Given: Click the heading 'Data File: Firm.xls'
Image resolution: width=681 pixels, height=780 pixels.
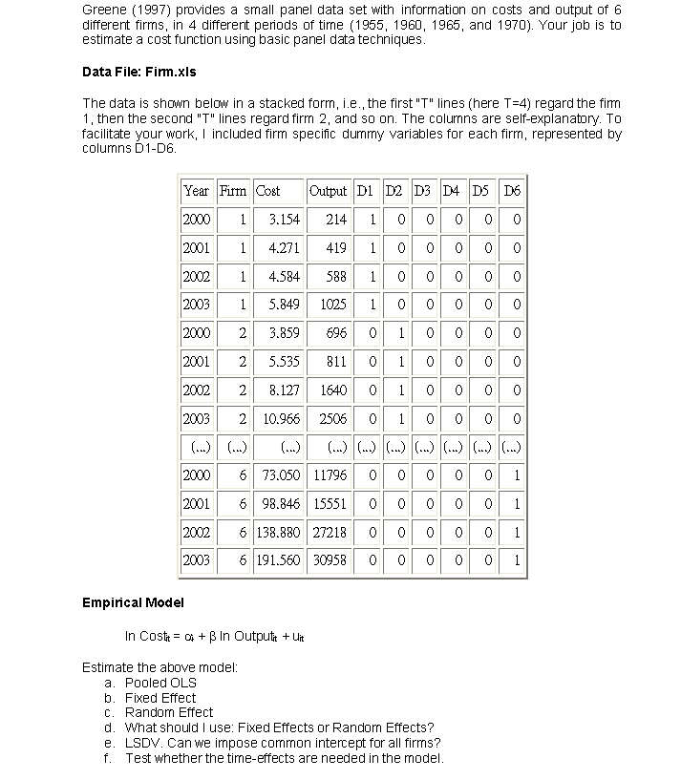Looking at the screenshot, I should point(143,72).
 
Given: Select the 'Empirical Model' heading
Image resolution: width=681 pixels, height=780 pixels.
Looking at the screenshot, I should point(133,602).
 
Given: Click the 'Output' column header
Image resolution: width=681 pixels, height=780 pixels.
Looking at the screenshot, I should point(329,190).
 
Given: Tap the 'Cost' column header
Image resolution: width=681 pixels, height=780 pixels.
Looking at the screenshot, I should point(267,190).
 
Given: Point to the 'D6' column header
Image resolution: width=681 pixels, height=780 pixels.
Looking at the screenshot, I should point(513,190).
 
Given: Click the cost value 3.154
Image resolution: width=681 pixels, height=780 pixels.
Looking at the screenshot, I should point(283,220).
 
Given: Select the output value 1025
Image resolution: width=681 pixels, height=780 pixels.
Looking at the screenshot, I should point(333,305).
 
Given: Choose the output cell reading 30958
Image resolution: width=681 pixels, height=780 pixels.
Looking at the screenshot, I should point(330,560).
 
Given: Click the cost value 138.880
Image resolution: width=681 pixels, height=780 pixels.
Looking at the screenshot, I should point(278,532).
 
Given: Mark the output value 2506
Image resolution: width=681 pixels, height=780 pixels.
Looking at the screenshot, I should point(331,418).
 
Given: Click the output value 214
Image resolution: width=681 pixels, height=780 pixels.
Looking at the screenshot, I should point(336,220).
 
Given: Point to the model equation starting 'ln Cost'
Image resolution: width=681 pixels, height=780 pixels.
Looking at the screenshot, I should point(214,637).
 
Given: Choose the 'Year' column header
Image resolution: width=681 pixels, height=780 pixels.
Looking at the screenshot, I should point(196,190).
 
